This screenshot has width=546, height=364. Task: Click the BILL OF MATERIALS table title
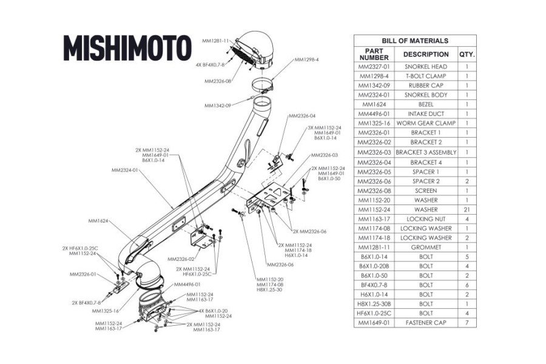415,41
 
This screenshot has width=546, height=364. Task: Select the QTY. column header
467,54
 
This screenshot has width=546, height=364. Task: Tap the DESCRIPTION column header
426,54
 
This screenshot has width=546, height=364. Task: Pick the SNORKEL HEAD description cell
426,67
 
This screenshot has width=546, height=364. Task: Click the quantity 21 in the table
467,209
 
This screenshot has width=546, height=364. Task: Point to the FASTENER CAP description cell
426,323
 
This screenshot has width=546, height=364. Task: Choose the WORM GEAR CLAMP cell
426,123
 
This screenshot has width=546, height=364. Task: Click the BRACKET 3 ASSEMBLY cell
426,152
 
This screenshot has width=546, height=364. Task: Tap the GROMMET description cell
426,247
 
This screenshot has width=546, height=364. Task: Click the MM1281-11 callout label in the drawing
215,41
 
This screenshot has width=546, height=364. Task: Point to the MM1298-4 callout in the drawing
306,59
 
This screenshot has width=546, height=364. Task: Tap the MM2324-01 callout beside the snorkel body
125,170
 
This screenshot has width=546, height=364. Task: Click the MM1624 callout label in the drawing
98,221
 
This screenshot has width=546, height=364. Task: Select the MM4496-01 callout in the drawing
187,285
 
